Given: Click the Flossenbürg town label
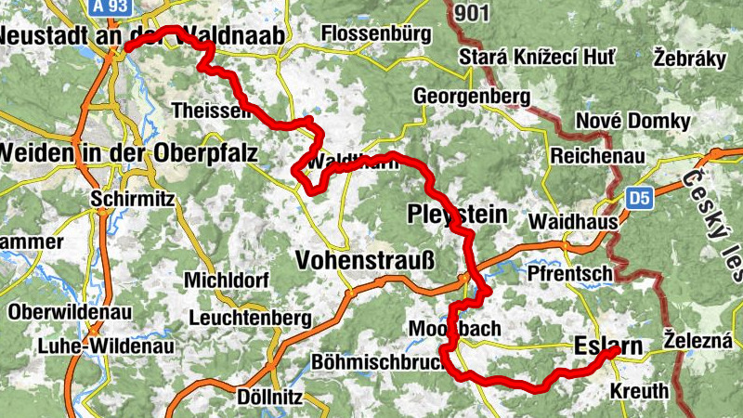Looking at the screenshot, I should [x=376, y=34].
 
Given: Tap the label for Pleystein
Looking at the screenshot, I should [x=458, y=216].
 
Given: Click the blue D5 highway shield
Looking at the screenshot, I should [x=637, y=198].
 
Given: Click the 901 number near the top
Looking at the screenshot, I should [x=475, y=12].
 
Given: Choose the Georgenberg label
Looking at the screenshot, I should [x=472, y=96].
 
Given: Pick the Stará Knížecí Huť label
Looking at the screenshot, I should [x=537, y=59].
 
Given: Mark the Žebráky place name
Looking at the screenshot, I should [x=689, y=58].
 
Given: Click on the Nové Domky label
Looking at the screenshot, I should [x=633, y=122].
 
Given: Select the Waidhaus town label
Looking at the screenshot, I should [x=567, y=223].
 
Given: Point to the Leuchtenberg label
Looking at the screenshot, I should [x=250, y=318].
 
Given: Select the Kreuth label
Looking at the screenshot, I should [x=639, y=391].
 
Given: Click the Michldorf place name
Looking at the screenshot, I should [x=227, y=280].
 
